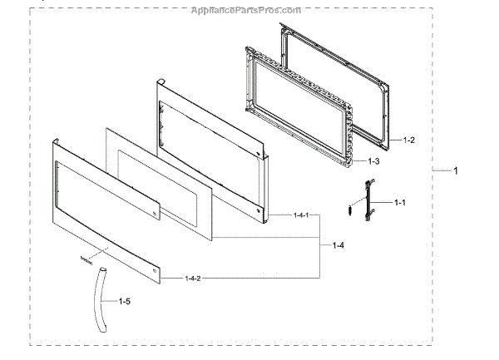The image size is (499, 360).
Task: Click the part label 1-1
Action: pos(400,202)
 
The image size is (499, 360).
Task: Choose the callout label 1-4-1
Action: pos(302,216)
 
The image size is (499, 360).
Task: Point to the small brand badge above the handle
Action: pos(85,259)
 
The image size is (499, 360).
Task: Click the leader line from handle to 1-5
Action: pos(111,300)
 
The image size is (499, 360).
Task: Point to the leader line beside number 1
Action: pos(442,170)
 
